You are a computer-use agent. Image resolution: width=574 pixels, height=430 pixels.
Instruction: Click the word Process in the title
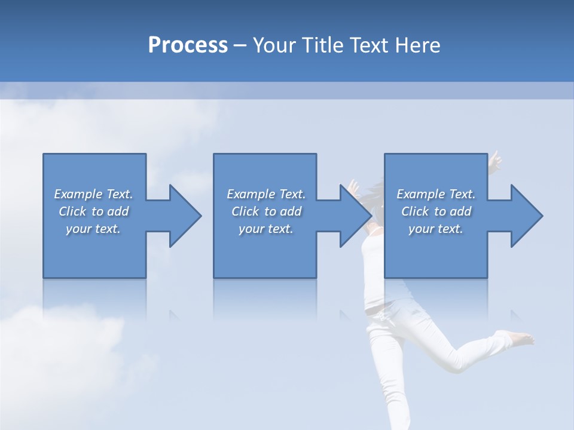pos(188,45)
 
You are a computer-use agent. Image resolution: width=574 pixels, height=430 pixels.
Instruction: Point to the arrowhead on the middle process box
pos(355,216)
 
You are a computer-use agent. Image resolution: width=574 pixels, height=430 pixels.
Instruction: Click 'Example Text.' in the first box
pos(93,194)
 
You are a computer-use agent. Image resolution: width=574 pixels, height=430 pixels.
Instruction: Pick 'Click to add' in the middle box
pos(266,211)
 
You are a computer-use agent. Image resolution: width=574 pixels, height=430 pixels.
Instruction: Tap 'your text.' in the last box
pos(436,229)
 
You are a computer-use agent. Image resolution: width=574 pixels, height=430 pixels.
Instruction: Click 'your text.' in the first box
pos(93,229)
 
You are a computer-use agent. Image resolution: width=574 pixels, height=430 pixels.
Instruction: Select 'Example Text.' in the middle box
pos(266,194)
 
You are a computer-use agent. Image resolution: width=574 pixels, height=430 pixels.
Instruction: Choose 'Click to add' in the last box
pos(436,211)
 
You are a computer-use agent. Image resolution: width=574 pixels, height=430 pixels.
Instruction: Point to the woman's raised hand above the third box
pos(495,160)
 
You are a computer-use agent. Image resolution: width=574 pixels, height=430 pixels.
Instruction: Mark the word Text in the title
pos(371,45)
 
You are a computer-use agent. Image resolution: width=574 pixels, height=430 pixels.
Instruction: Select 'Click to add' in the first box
pos(93,211)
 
